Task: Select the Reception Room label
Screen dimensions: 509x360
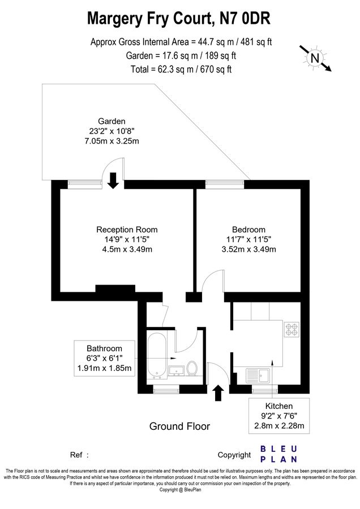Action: [127, 230]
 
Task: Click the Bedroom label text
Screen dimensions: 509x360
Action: [248, 230]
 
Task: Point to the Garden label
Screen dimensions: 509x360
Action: [112, 121]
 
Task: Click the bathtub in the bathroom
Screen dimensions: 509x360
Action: [157, 355]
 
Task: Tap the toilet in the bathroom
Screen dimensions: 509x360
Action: [192, 368]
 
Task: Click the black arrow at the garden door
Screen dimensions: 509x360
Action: [113, 180]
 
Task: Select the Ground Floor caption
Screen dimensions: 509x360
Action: [179, 426]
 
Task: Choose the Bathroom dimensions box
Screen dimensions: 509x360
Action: [104, 359]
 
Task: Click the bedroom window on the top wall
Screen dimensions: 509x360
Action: [225, 183]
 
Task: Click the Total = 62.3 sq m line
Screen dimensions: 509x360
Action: [179, 70]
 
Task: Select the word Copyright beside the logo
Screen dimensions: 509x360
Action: [234, 455]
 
